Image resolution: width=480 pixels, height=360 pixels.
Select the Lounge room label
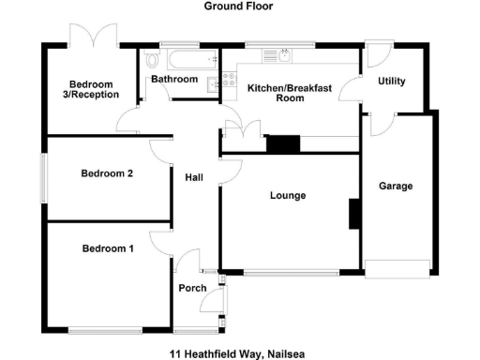tap(288, 195)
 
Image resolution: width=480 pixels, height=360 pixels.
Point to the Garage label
tap(396, 187)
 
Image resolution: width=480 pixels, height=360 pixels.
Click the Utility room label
tap(391, 82)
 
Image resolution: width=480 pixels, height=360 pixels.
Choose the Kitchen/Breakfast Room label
tap(289, 92)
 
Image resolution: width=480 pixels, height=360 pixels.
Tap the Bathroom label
tap(174, 80)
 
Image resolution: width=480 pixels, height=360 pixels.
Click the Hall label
tap(194, 177)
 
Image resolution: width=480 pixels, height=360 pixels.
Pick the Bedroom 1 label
tap(107, 248)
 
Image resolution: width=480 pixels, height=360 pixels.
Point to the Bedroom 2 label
tap(107, 173)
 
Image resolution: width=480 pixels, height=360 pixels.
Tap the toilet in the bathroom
tap(153, 66)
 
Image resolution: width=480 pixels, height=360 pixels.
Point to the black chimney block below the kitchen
tap(282, 143)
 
